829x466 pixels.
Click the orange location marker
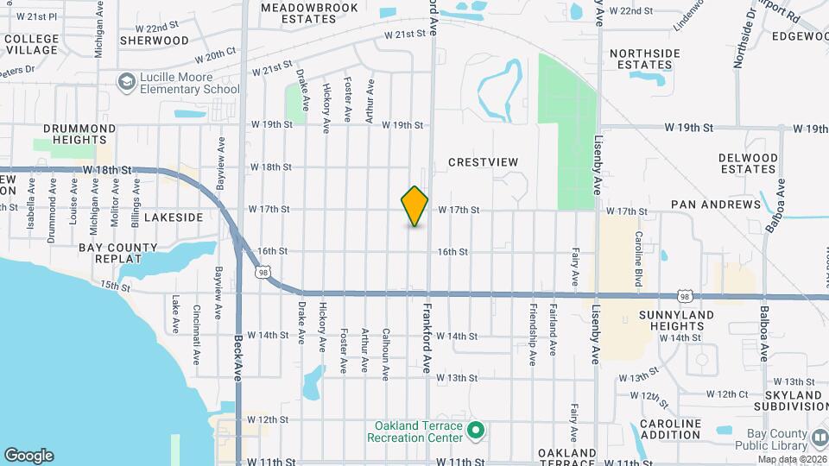[x=414, y=206]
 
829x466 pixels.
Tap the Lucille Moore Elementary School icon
[x=128, y=81]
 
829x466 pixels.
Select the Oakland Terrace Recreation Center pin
[x=474, y=430]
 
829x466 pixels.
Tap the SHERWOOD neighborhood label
[x=155, y=41]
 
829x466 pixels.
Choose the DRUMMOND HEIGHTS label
[x=79, y=134]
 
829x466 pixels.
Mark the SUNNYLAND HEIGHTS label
[x=676, y=321]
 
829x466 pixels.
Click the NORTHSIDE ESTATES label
[x=645, y=59]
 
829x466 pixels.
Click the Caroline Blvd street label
[x=639, y=247]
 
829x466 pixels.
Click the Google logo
[x=28, y=456]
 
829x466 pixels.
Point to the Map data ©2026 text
[x=788, y=459]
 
